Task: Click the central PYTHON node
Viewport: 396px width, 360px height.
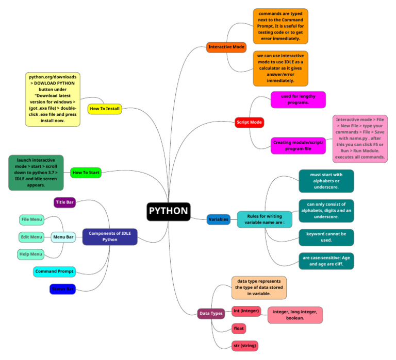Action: pyautogui.click(x=169, y=211)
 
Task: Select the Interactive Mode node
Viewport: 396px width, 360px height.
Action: pyautogui.click(x=226, y=47)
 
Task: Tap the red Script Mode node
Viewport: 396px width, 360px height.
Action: pyautogui.click(x=249, y=122)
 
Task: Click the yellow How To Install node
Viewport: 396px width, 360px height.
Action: pyautogui.click(x=105, y=109)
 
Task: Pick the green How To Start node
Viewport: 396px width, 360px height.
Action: pyautogui.click(x=86, y=173)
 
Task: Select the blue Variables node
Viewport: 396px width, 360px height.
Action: pyautogui.click(x=218, y=219)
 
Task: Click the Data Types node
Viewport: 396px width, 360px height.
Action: pyautogui.click(x=211, y=313)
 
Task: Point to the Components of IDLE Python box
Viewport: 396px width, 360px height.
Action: pyautogui.click(x=110, y=237)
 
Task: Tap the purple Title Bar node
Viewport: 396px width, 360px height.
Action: pyautogui.click(x=65, y=202)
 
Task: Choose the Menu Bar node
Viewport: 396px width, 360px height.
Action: pyautogui.click(x=63, y=237)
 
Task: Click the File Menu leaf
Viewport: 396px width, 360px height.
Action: pyautogui.click(x=31, y=220)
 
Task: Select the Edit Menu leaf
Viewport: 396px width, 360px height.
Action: pyautogui.click(x=31, y=237)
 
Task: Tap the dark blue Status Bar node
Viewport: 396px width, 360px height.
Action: pyautogui.click(x=62, y=289)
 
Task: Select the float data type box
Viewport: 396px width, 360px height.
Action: pyautogui.click(x=239, y=328)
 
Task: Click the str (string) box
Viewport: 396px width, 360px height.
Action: pyautogui.click(x=245, y=345)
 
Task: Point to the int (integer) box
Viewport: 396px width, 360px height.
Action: pyautogui.click(x=246, y=311)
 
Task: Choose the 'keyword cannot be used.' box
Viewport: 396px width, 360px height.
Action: pyautogui.click(x=326, y=237)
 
